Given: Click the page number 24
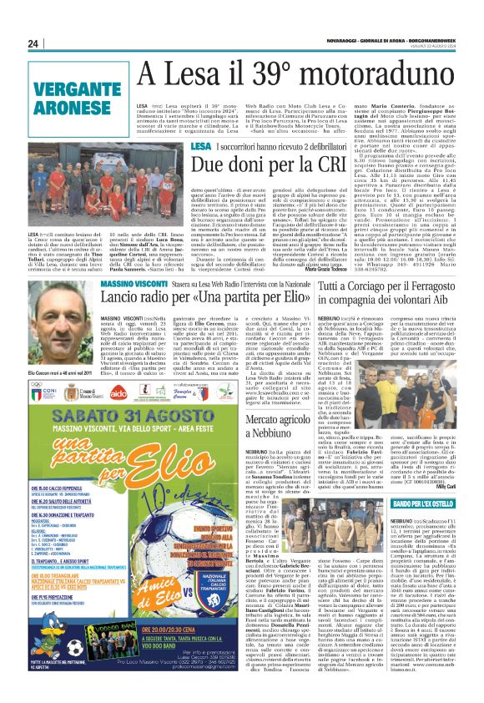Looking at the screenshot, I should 33,43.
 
